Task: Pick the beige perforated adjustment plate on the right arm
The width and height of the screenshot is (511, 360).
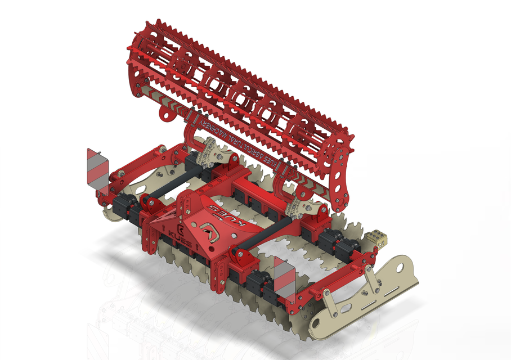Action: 299,207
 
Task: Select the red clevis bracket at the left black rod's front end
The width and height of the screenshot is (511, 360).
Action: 151,201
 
